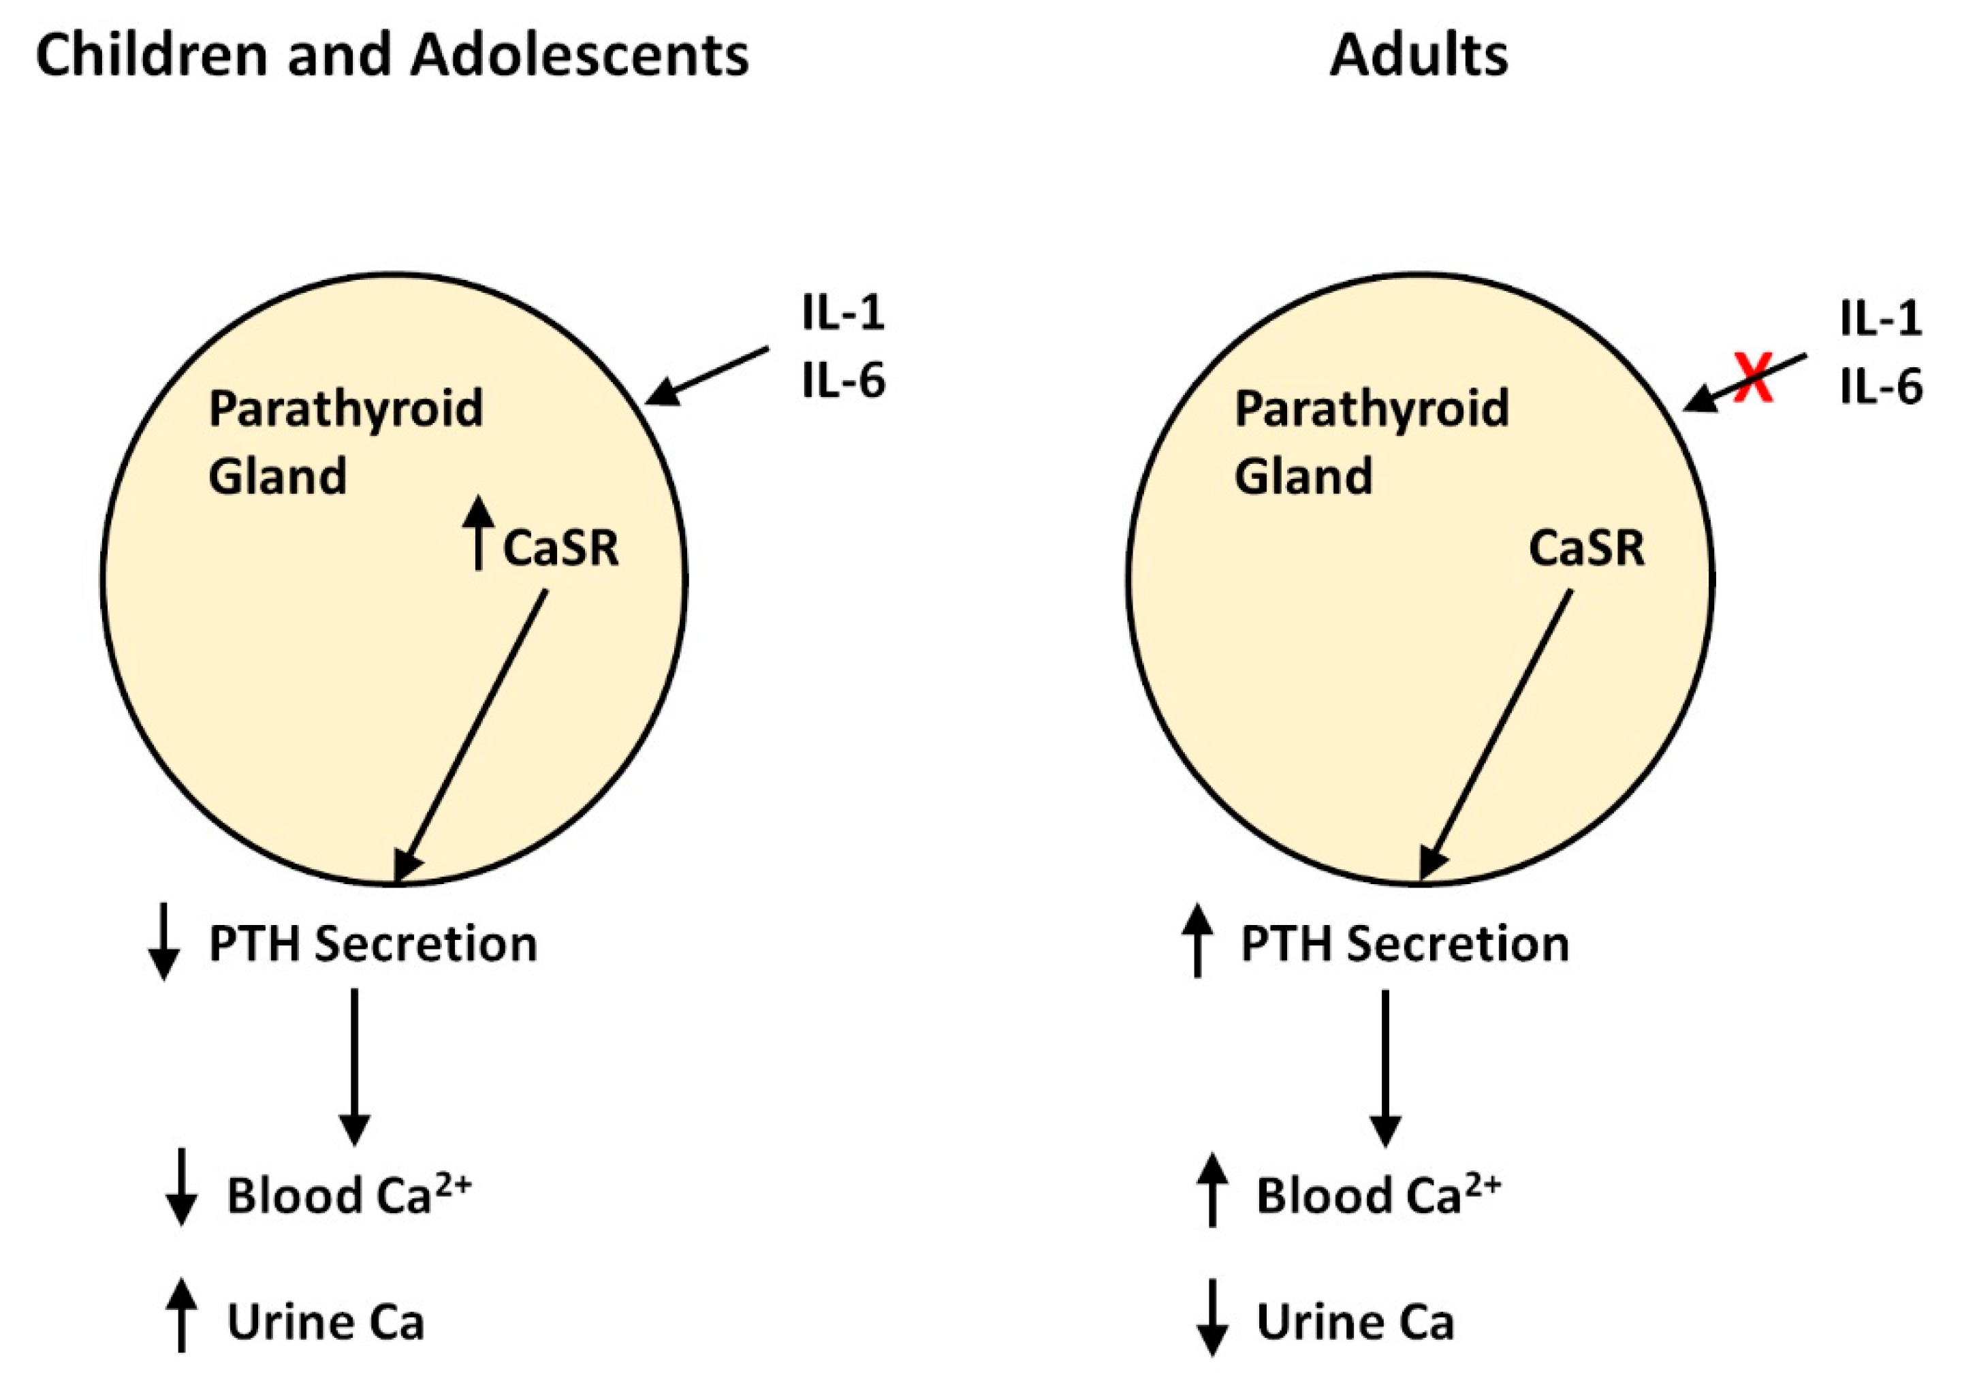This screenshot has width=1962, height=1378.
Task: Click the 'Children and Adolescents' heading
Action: pyautogui.click(x=392, y=56)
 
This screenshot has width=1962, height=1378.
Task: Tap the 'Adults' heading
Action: pyautogui.click(x=1419, y=56)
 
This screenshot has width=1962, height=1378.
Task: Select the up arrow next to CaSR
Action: pyautogui.click(x=479, y=533)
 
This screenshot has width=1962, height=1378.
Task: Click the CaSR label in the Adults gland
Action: pyautogui.click(x=1586, y=548)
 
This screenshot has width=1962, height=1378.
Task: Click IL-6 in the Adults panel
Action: pyautogui.click(x=1881, y=386)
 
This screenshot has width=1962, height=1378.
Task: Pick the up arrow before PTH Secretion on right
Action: pyautogui.click(x=1198, y=941)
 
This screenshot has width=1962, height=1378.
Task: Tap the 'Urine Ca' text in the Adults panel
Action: pyautogui.click(x=1355, y=1321)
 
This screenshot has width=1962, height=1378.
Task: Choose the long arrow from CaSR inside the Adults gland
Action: pyautogui.click(x=1496, y=735)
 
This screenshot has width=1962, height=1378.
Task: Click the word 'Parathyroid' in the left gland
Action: pyautogui.click(x=346, y=408)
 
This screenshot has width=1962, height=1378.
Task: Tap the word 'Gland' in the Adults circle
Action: pyautogui.click(x=1304, y=475)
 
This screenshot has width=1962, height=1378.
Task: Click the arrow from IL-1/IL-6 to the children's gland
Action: pyautogui.click(x=707, y=375)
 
